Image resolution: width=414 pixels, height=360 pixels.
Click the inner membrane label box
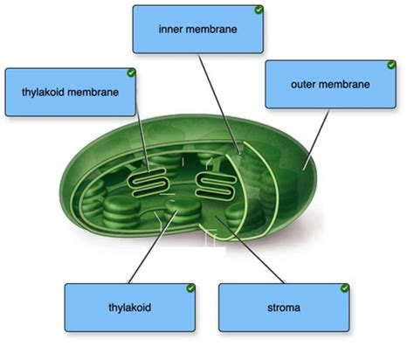(198, 29)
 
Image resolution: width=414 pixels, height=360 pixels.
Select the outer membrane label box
(330, 85)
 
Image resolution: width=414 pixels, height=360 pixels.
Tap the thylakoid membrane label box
(71, 93)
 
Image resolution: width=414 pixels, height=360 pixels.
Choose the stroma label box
(284, 308)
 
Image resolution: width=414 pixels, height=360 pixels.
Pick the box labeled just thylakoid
(130, 308)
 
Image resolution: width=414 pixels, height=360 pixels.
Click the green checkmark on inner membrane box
(259, 10)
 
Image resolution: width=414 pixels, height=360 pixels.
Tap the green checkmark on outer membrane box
(391, 65)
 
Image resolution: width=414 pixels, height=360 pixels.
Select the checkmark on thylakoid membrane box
(131, 73)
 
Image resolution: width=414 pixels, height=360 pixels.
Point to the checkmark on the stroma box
(345, 288)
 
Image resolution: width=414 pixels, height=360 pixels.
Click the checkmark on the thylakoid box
(190, 288)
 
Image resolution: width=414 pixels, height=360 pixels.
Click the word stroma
(284, 308)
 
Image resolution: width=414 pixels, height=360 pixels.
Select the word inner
(171, 29)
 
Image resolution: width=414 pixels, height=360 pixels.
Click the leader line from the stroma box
(250, 250)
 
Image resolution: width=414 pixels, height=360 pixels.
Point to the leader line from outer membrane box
(316, 140)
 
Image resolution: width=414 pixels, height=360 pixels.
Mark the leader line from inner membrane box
(219, 104)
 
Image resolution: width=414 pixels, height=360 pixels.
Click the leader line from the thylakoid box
(153, 247)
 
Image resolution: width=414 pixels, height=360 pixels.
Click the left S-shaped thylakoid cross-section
(148, 183)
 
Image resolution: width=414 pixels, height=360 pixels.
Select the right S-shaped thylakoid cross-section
(215, 185)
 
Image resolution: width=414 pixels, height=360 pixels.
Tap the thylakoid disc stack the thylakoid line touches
(183, 211)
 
